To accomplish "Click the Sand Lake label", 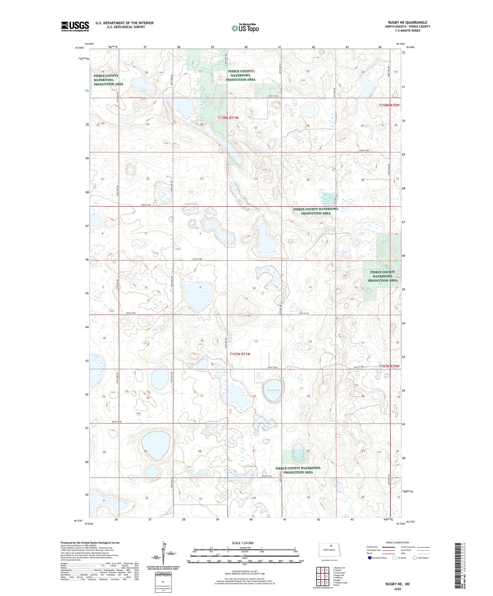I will [x=273, y=390].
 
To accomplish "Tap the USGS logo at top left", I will [x=75, y=26].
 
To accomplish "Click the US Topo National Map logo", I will [x=245, y=28].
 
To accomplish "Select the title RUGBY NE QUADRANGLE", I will [x=408, y=22].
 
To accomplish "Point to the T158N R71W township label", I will [x=229, y=117].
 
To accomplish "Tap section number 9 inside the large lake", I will [x=200, y=288].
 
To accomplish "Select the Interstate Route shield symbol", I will [x=369, y=558].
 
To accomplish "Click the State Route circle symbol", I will [x=415, y=558].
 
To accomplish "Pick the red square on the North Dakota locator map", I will [x=331, y=548].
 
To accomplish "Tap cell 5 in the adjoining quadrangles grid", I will [x=327, y=577].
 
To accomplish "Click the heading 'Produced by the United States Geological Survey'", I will [x=90, y=543].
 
